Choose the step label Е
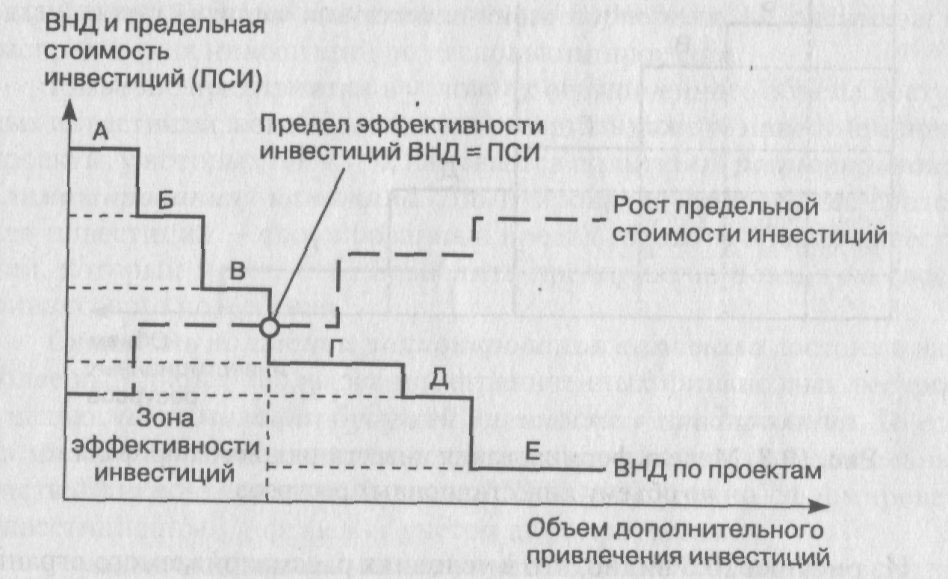(532, 450)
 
